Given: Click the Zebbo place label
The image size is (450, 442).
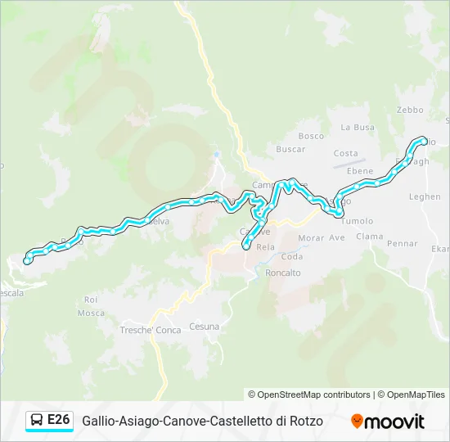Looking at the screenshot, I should click(x=410, y=110).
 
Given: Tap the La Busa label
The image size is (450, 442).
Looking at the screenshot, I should click(x=358, y=128).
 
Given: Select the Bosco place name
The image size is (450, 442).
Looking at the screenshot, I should click(x=311, y=136).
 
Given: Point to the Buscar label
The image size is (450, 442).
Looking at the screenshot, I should click(x=290, y=150).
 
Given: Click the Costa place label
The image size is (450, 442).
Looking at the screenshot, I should click(x=345, y=154).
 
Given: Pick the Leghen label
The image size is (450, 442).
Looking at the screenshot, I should click(x=425, y=197).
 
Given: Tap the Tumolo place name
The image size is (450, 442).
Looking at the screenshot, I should click(x=357, y=221).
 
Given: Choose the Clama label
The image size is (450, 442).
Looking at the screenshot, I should click(x=369, y=237).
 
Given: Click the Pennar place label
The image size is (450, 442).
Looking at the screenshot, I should click(x=402, y=244).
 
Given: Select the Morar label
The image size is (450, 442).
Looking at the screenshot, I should click(x=311, y=238).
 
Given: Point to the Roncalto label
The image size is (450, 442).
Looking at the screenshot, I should click(x=283, y=273).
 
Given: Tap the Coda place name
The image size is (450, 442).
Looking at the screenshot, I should click(x=291, y=257).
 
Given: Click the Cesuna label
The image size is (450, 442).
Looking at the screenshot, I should click(x=204, y=327).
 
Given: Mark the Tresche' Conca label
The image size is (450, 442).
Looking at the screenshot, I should click(x=151, y=330).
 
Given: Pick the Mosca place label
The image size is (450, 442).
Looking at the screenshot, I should click(x=91, y=313).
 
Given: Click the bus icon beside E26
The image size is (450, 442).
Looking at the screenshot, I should click(x=37, y=421).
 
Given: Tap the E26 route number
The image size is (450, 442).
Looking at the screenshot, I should click(x=58, y=420).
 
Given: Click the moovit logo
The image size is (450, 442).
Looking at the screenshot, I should click(x=388, y=422).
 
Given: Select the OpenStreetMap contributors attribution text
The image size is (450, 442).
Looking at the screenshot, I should click(x=309, y=395).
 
